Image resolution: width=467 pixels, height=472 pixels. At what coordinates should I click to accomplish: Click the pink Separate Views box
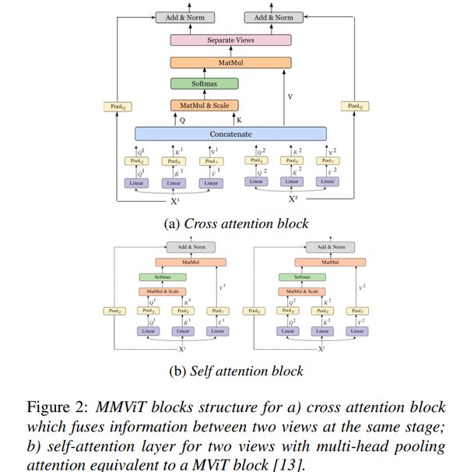230,40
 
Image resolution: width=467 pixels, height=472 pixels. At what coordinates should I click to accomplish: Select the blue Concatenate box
230,134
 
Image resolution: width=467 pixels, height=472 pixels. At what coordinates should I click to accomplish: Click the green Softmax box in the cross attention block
204,83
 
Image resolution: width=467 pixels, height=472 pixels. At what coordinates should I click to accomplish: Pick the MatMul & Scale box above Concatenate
204,105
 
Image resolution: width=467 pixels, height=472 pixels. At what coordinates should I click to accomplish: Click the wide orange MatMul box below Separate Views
230,62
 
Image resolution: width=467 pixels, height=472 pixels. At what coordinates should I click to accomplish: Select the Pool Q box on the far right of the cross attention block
354,106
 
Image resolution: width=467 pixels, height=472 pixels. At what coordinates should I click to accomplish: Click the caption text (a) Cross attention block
236,224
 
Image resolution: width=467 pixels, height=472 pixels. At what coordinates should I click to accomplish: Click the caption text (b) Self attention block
236,371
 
